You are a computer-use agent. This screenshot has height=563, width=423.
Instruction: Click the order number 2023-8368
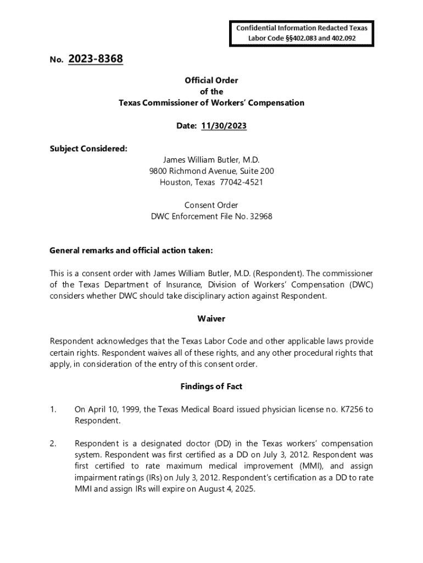pyautogui.click(x=96, y=59)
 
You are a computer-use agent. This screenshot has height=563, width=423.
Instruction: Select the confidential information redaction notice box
pyautogui.click(x=302, y=33)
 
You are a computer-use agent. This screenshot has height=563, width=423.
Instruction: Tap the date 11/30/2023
pyautogui.click(x=224, y=126)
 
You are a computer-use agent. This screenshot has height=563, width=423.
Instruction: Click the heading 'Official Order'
pyautogui.click(x=211, y=80)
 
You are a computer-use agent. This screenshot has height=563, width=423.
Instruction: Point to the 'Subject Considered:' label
pyautogui.click(x=88, y=148)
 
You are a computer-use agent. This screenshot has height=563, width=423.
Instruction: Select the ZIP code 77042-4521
pyautogui.click(x=242, y=182)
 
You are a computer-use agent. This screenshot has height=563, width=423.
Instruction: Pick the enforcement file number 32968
pyautogui.click(x=260, y=217)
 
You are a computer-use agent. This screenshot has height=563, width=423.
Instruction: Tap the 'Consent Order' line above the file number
pyautogui.click(x=211, y=205)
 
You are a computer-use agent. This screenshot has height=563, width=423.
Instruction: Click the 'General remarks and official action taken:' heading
pyautogui.click(x=131, y=251)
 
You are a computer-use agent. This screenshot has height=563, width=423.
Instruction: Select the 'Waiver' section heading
pyautogui.click(x=211, y=319)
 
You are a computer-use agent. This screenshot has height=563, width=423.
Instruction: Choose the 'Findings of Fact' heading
pyautogui.click(x=211, y=387)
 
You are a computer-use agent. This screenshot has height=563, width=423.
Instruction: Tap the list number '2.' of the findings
pyautogui.click(x=53, y=444)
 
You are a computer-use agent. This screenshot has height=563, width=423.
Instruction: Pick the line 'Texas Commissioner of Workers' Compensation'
pyautogui.click(x=211, y=103)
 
